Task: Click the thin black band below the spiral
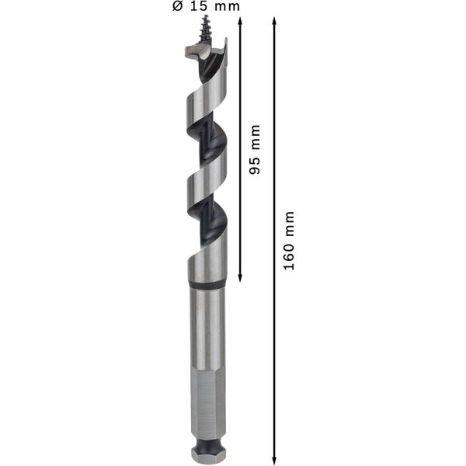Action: [207, 287]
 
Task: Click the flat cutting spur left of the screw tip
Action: [194, 54]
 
